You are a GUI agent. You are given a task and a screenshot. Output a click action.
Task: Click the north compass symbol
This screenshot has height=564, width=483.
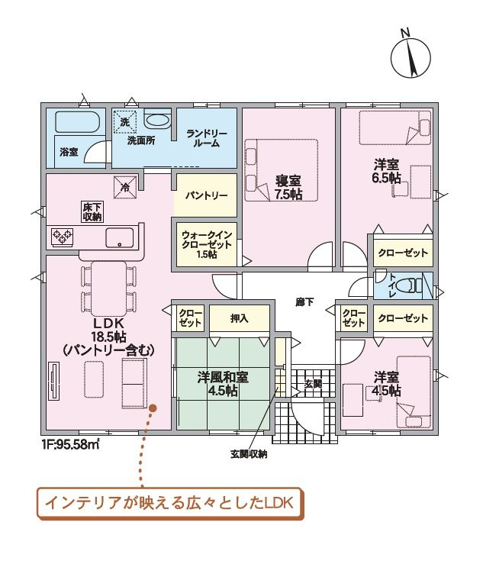(x=411, y=56)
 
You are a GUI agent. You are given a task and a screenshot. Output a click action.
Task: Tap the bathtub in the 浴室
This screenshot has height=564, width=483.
(x=77, y=121)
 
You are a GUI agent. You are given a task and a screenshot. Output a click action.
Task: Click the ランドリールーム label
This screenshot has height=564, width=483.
(x=207, y=138)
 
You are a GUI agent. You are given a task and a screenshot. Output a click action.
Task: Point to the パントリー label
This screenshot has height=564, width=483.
(x=207, y=195)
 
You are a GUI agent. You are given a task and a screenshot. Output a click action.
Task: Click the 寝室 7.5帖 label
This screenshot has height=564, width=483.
(x=288, y=188)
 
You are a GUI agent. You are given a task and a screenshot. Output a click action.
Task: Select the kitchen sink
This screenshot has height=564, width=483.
(x=119, y=237)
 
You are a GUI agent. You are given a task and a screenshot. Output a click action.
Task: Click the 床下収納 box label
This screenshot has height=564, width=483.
(x=92, y=213)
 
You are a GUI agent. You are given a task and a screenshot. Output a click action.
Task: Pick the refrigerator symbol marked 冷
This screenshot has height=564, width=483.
(x=125, y=187)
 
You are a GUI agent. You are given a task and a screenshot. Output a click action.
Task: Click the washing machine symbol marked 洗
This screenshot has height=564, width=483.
(x=125, y=121)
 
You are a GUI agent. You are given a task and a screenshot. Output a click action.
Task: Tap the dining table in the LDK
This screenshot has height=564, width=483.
(x=109, y=288)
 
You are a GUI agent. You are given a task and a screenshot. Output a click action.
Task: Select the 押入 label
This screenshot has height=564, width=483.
(x=239, y=318)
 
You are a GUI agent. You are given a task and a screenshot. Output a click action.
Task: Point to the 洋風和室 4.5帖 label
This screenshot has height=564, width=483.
(x=223, y=384)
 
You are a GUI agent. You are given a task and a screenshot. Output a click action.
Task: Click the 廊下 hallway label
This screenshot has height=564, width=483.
(x=304, y=302)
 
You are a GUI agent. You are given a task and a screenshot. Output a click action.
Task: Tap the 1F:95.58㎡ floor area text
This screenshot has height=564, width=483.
(x=70, y=445)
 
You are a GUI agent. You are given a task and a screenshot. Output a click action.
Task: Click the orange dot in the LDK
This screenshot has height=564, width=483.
(x=153, y=408)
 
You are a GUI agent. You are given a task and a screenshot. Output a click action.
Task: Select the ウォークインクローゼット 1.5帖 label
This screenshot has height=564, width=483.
(x=207, y=245)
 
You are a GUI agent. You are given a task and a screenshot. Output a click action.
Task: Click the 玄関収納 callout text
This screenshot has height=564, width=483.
(x=249, y=454)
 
